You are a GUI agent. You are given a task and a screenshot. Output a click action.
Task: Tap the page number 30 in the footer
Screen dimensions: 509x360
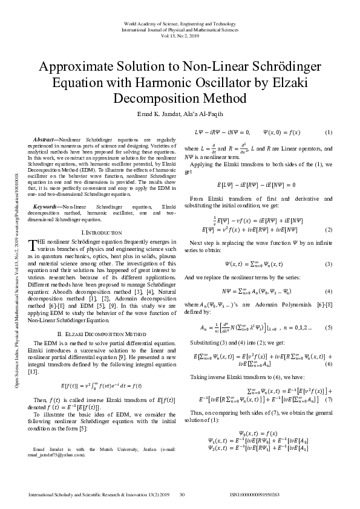tap(182, 494)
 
